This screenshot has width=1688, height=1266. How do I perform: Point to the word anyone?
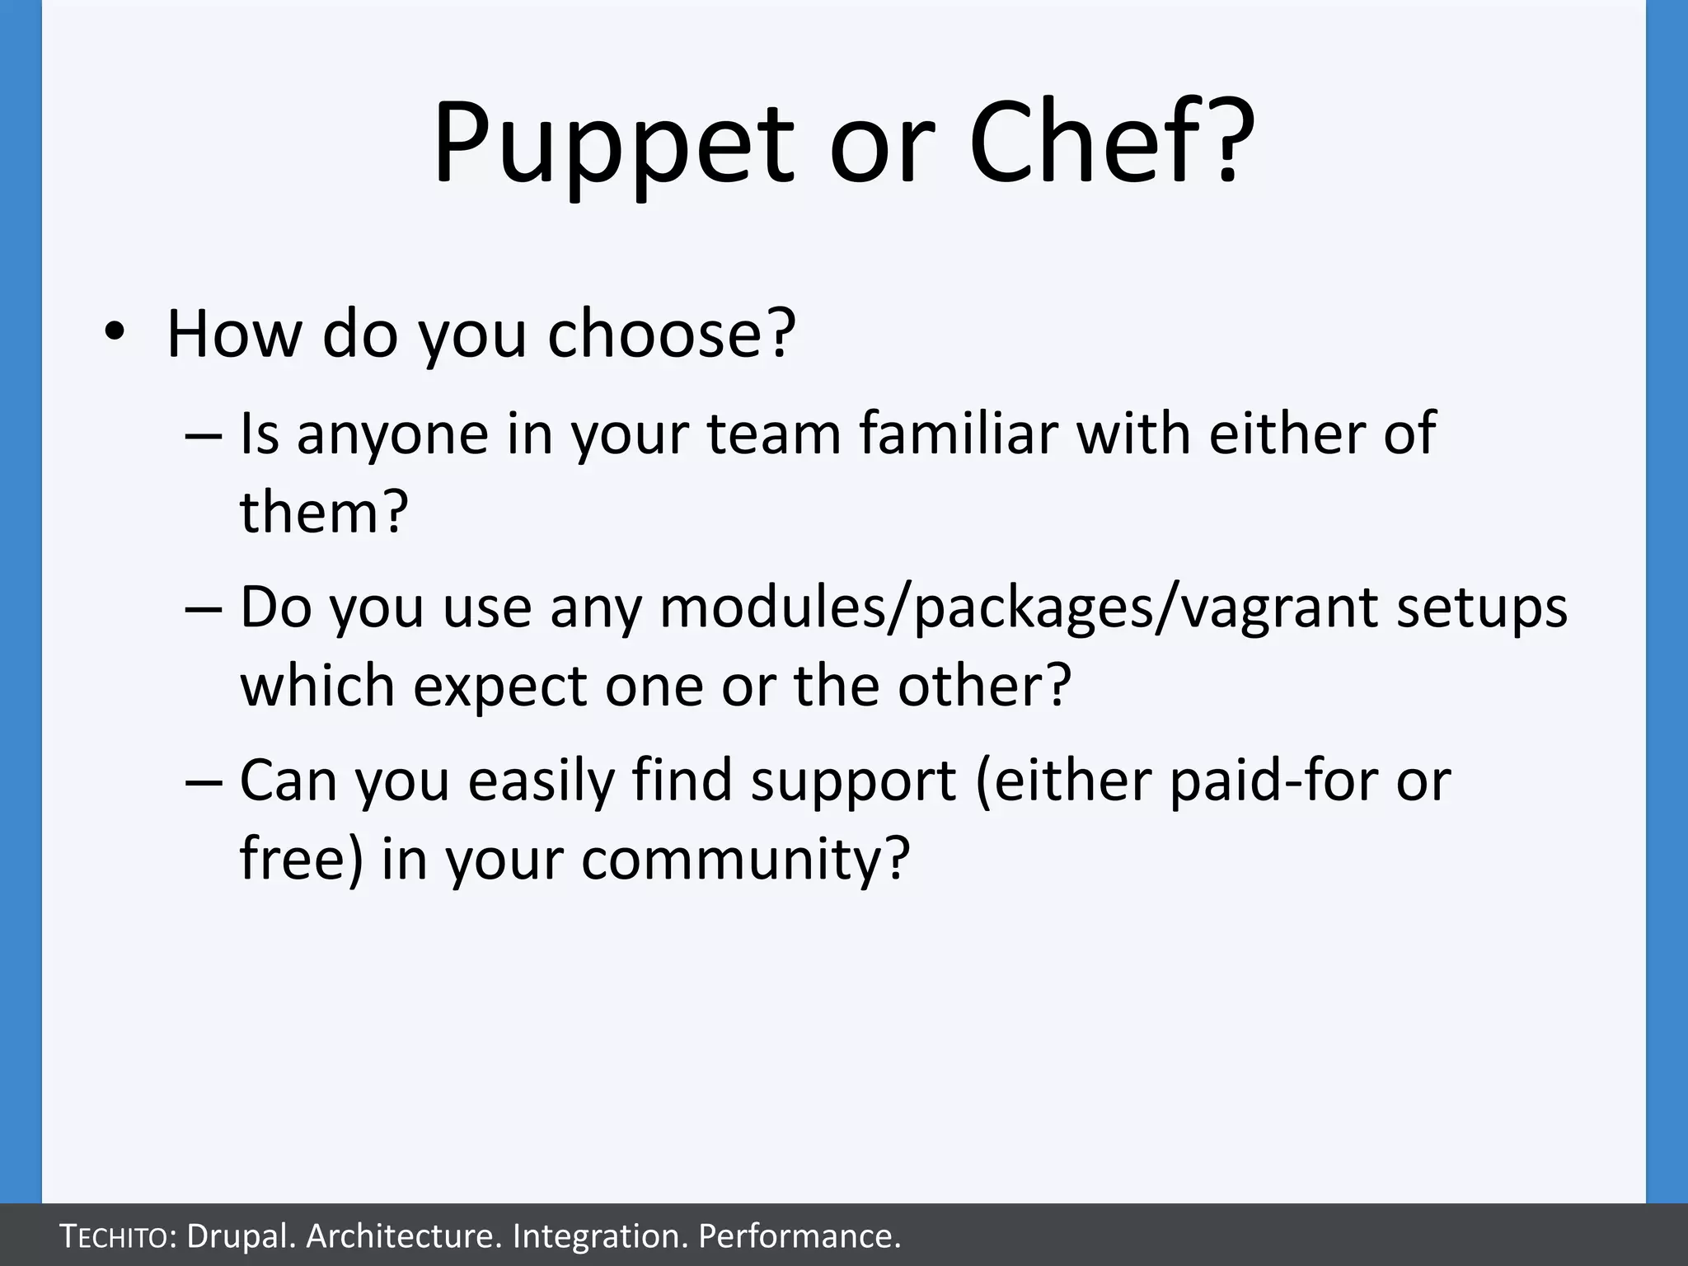(392, 434)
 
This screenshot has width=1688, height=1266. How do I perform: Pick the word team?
(774, 434)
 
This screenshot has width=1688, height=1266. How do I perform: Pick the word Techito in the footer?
(116, 1236)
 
